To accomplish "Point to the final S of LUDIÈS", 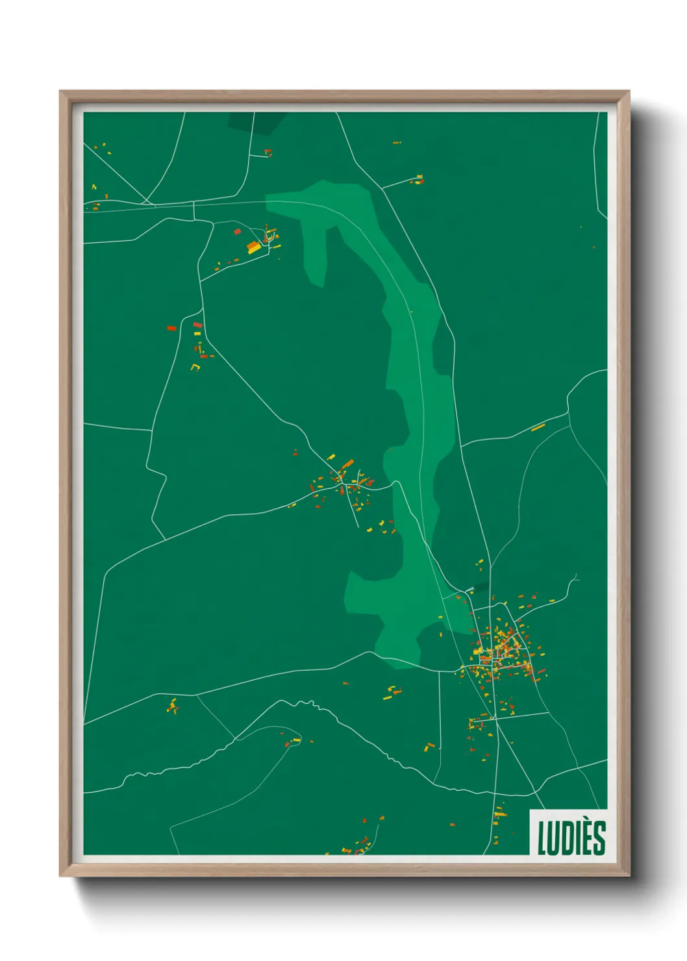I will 599,838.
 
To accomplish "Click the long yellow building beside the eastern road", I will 538,427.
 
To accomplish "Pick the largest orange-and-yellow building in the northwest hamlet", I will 253,246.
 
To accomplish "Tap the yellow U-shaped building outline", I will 195,368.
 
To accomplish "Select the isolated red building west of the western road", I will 172,329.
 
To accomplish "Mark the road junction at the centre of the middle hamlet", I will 340,483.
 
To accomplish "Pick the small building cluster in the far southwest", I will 172,706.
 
